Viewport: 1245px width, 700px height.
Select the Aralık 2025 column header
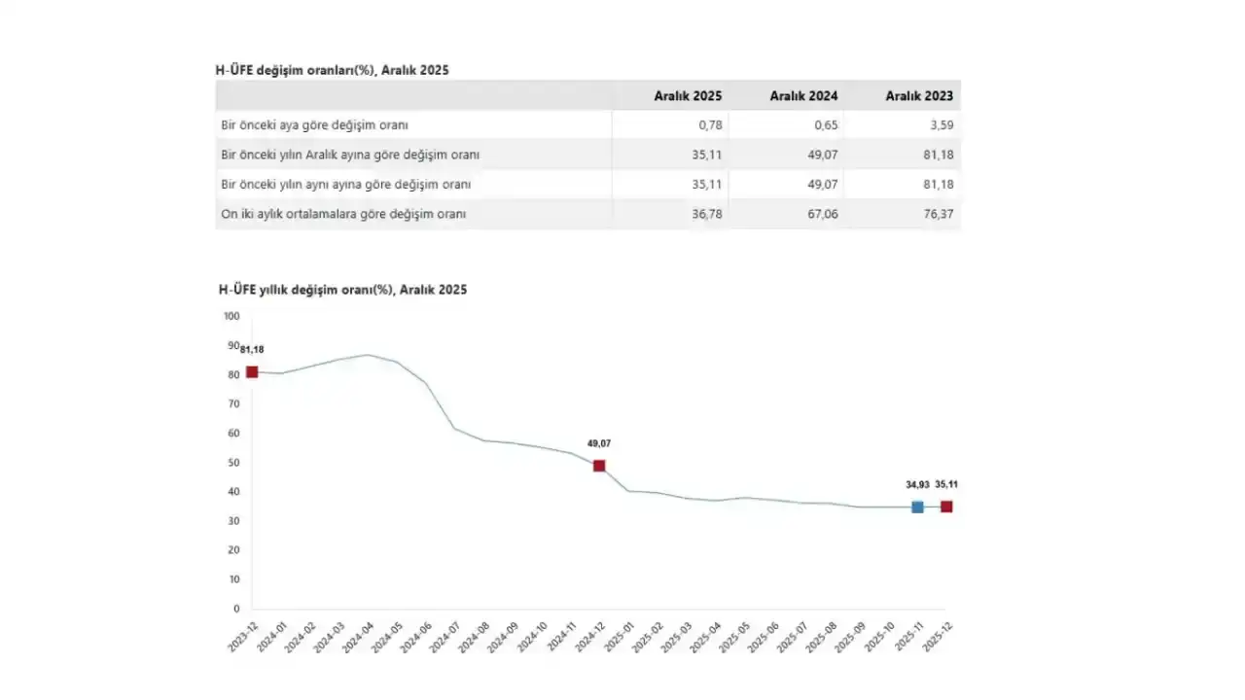pos(689,96)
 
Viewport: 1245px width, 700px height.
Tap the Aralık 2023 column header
pos(919,96)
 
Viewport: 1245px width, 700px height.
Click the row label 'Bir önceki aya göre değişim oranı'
pos(315,125)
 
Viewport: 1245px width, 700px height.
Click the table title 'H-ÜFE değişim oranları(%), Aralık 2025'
pos(332,70)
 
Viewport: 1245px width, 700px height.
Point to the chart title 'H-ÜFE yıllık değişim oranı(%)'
pos(342,290)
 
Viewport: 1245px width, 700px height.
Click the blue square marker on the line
pos(917,507)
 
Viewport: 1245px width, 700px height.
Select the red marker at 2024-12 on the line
pos(599,466)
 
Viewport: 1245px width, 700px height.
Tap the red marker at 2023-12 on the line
pos(252,371)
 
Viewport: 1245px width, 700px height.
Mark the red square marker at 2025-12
pos(946,507)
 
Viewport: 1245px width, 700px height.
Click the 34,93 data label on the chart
pos(917,484)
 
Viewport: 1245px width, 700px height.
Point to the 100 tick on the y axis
pos(231,316)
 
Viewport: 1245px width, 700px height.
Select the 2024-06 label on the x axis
pos(411,639)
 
